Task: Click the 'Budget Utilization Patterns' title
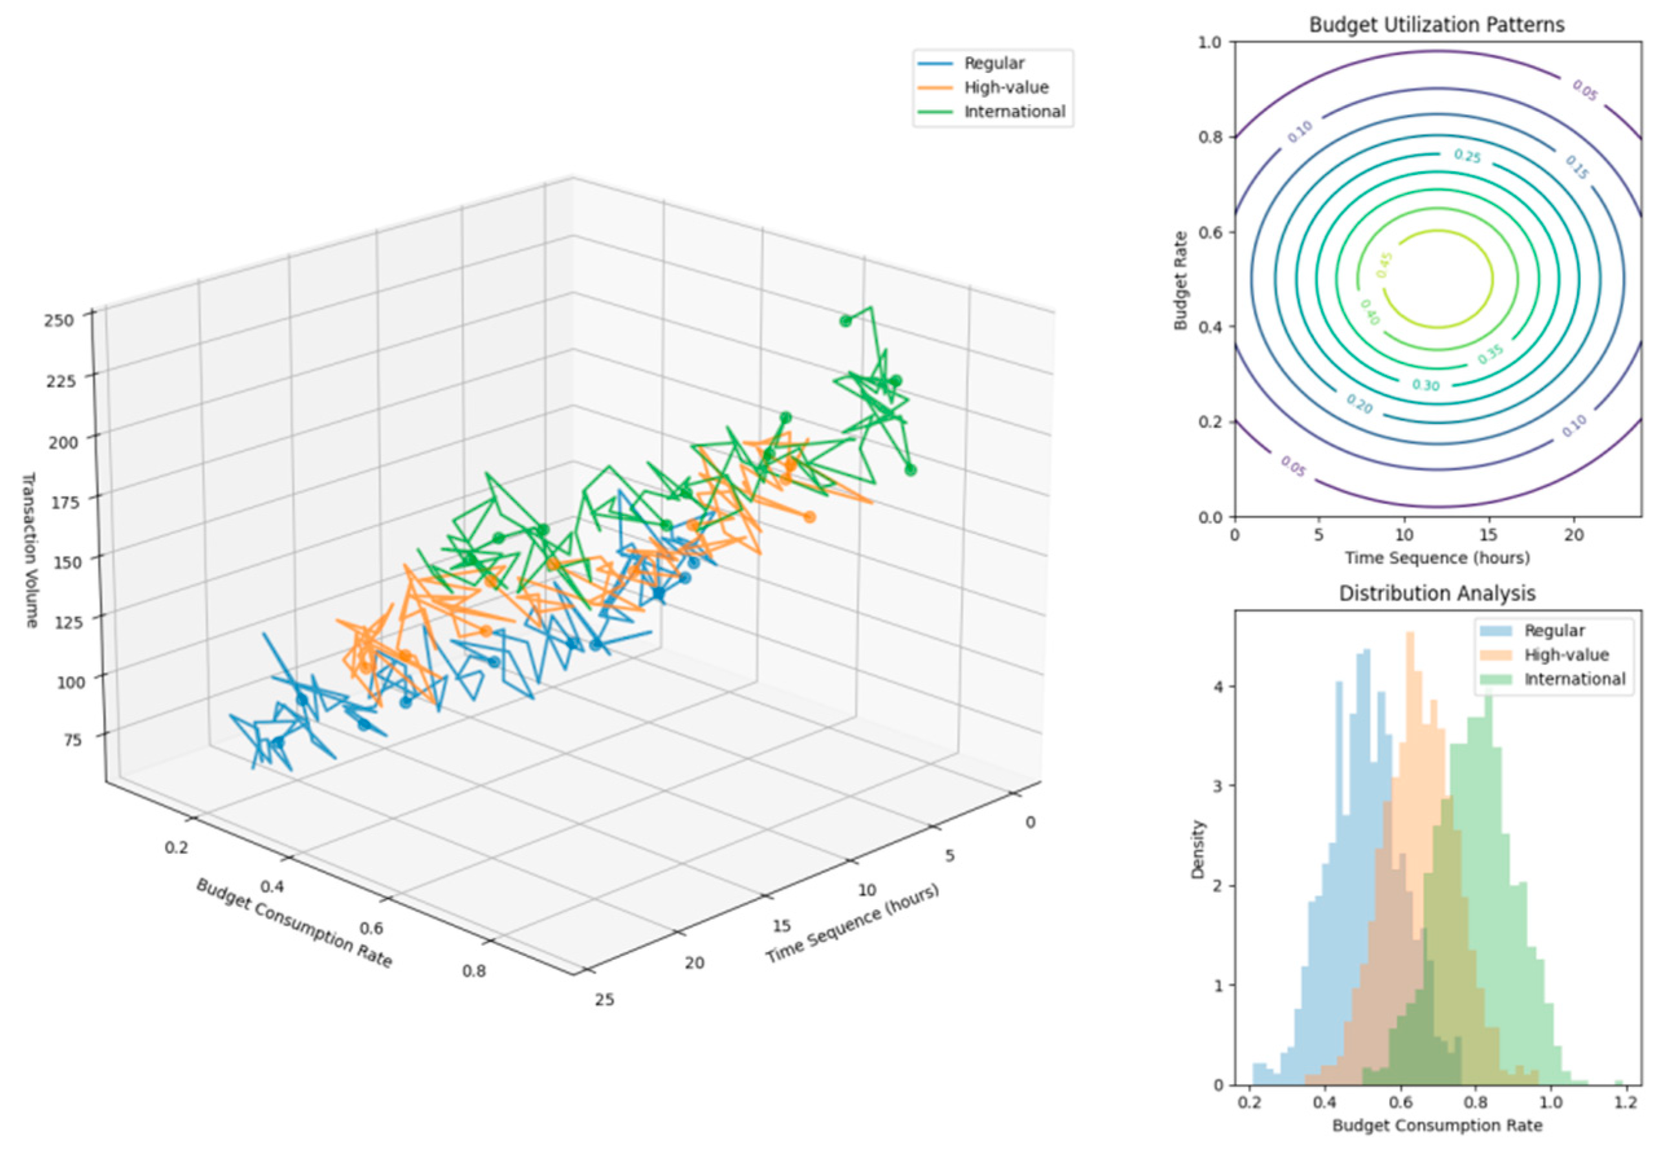coord(1435,25)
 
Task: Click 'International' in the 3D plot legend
coord(1014,112)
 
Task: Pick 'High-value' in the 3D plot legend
coord(1006,88)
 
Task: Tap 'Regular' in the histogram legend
coord(1554,631)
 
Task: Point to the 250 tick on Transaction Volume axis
coord(59,320)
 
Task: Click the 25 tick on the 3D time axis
coord(604,1000)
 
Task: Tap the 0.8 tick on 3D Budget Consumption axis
coord(474,971)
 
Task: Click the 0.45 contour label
coord(1384,265)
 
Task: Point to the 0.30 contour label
coord(1425,385)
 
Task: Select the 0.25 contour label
coord(1467,156)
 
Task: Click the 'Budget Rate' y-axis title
coord(1180,281)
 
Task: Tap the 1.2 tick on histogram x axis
coord(1626,1103)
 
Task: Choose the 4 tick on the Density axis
coord(1219,686)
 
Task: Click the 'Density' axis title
coord(1197,849)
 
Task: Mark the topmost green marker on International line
coord(845,321)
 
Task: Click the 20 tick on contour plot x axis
coord(1573,535)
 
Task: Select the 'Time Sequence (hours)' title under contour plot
coord(1437,557)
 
